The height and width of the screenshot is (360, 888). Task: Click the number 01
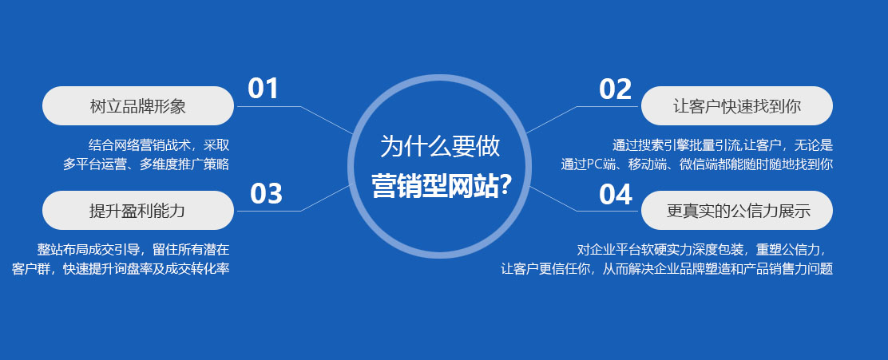click(x=263, y=89)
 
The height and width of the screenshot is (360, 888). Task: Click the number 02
click(x=615, y=89)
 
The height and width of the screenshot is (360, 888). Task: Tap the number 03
click(x=266, y=194)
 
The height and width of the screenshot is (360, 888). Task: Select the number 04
click(x=616, y=194)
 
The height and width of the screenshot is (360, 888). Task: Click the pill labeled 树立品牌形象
click(x=137, y=106)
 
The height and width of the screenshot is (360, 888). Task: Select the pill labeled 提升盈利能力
click(x=137, y=211)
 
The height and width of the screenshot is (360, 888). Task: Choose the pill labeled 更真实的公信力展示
click(x=738, y=211)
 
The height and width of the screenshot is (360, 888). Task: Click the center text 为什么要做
click(x=440, y=146)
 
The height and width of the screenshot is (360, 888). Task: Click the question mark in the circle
click(x=504, y=185)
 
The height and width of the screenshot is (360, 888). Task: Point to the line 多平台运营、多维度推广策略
click(x=147, y=164)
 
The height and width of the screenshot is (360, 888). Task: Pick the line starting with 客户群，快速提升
click(x=121, y=268)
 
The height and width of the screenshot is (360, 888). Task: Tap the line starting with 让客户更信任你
click(x=666, y=268)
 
